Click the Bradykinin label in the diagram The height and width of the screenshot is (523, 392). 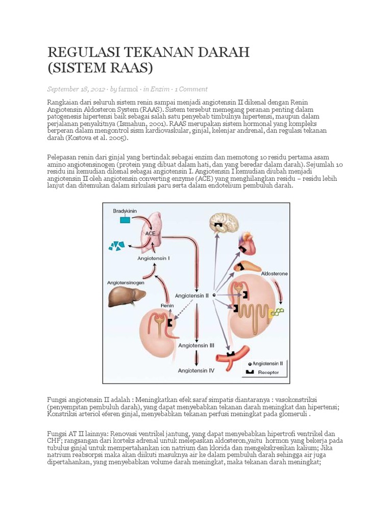click(x=124, y=210)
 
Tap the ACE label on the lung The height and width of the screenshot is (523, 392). click(x=151, y=232)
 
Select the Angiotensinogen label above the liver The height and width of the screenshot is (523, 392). click(x=126, y=282)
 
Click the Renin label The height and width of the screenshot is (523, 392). click(x=167, y=305)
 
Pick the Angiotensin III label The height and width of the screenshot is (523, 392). click(x=196, y=345)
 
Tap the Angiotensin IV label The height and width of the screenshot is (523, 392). click(x=196, y=371)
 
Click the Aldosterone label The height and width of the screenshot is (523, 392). click(x=274, y=274)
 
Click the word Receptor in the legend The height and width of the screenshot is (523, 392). click(x=268, y=372)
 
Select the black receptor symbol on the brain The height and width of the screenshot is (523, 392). click(x=219, y=225)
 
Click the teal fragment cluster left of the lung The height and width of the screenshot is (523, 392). click(x=116, y=246)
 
